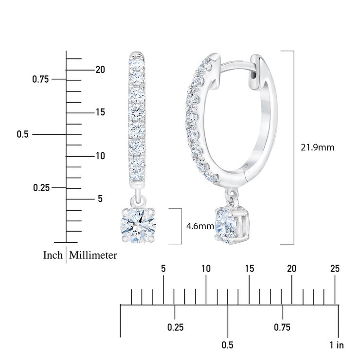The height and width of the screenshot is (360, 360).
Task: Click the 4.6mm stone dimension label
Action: coord(200,226)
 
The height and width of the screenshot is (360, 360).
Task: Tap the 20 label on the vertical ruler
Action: coord(100,70)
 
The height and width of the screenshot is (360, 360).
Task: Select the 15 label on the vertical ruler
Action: coord(100,112)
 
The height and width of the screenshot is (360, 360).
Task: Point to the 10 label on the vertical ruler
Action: coord(100,156)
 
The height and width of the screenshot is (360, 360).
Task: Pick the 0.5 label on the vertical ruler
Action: coord(22,134)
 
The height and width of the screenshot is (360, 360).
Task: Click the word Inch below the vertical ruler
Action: coord(53,255)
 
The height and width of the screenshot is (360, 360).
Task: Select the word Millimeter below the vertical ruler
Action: coord(93,255)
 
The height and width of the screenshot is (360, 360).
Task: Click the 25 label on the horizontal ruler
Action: coord(335,269)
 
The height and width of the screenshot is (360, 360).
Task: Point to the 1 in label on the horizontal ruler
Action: coord(337,345)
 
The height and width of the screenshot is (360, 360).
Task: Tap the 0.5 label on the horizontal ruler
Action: coord(227,345)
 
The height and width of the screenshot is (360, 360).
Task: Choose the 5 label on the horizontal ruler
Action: coord(163,269)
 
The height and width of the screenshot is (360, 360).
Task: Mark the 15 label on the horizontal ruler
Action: coord(249,269)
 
